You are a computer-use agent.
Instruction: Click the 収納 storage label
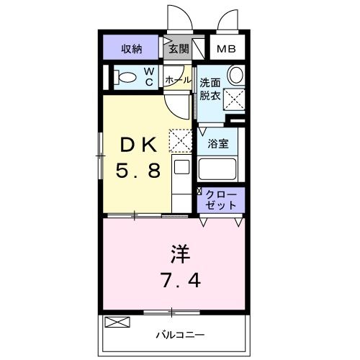click(x=131, y=49)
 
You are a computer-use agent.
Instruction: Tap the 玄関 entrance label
click(x=178, y=49)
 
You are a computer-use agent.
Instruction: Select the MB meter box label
click(x=227, y=50)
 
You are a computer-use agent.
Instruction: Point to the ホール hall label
click(x=178, y=79)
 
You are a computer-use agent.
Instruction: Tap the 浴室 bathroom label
click(x=220, y=143)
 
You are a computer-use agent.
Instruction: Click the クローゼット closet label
click(x=221, y=199)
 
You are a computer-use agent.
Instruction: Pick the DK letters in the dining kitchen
click(x=141, y=144)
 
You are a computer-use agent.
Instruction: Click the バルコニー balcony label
click(x=181, y=335)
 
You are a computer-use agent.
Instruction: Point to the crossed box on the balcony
click(x=115, y=322)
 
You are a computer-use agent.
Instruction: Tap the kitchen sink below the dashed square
click(x=181, y=168)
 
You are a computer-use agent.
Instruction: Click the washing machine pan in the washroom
click(x=234, y=99)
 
